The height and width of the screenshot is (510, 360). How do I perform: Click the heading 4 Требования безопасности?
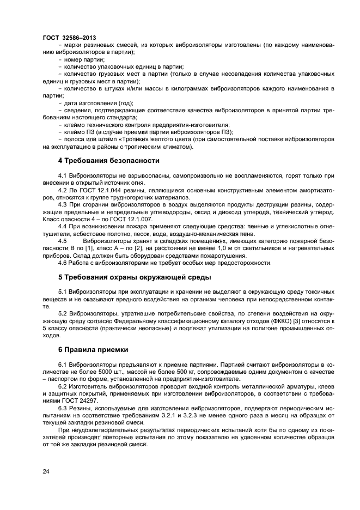click(x=108, y=161)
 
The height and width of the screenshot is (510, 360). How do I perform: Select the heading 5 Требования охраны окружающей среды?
click(x=134, y=277)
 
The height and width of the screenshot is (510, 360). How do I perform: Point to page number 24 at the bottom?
click(x=46, y=471)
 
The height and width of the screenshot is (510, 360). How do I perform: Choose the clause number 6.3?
click(x=63, y=408)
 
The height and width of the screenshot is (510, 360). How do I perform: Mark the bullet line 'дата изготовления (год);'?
click(x=99, y=102)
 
